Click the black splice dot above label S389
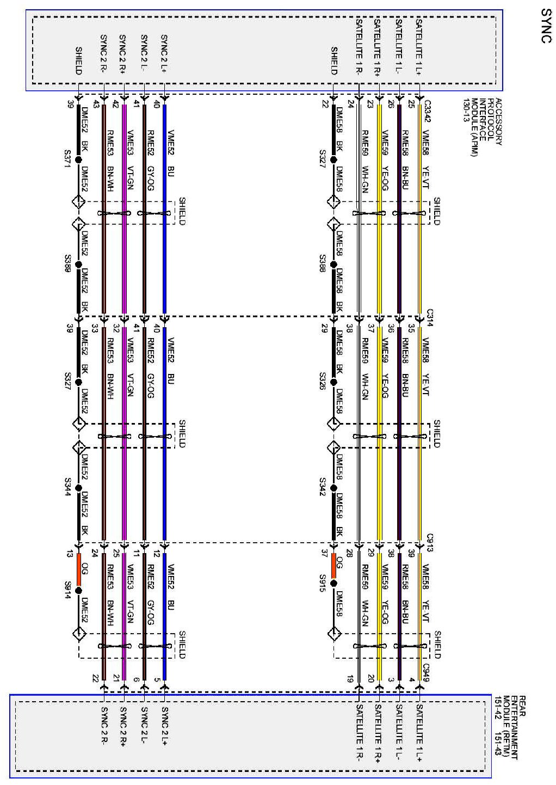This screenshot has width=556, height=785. (79, 265)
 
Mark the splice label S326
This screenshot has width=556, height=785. (323, 379)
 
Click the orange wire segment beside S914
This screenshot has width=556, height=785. (79, 566)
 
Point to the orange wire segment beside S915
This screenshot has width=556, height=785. (333, 566)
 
